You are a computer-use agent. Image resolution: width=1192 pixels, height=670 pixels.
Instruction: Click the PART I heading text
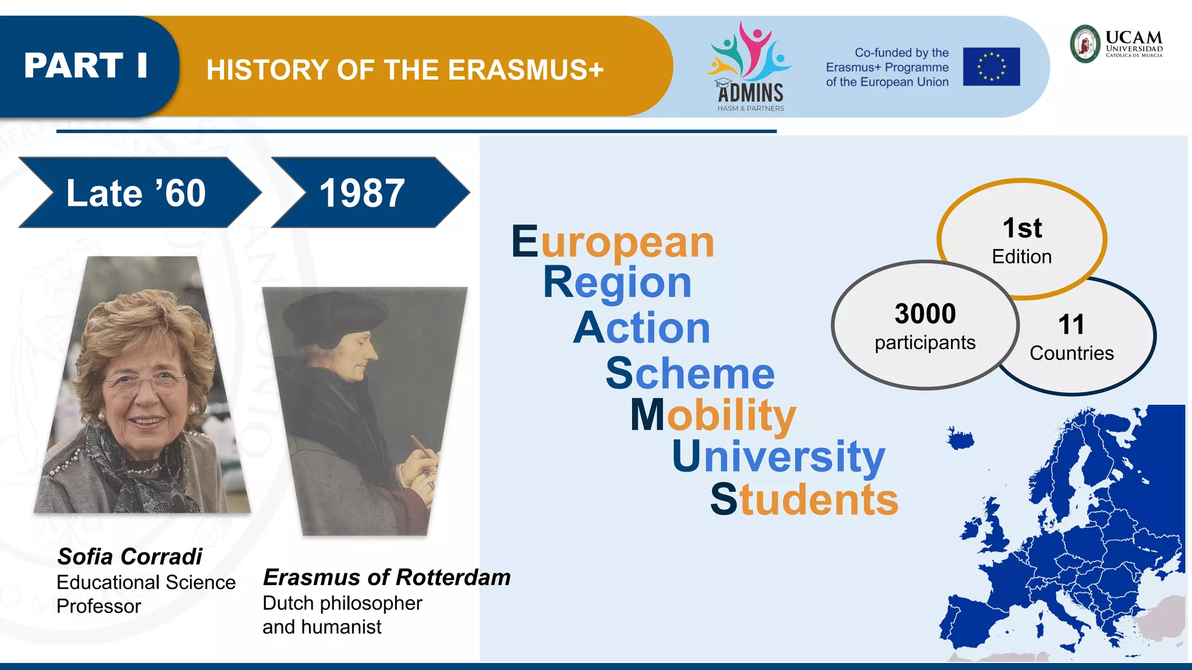86,65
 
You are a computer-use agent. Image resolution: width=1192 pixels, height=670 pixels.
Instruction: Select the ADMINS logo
750,67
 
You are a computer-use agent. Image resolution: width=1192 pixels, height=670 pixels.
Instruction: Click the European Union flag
991,67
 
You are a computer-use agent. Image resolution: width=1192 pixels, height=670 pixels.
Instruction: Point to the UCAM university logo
1116,44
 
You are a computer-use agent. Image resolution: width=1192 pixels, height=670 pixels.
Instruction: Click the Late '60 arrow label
136,193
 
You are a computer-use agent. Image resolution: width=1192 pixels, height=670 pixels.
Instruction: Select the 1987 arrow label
362,193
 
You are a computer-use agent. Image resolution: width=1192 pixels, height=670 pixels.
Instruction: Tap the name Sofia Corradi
129,557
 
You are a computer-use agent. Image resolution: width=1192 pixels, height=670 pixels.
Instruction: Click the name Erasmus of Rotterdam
386,577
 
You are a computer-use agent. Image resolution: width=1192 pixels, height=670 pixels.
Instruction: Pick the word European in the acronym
613,241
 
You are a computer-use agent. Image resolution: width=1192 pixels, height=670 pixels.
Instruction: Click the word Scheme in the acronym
690,373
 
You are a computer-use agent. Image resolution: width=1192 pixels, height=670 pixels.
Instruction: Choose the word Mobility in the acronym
713,415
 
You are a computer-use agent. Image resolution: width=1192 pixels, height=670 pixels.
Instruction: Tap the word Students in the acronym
804,499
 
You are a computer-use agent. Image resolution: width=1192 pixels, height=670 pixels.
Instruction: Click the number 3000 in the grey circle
925,314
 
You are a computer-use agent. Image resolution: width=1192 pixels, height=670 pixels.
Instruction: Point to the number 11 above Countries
1071,325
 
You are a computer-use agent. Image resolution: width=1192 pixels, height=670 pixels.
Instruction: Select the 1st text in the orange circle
1022,228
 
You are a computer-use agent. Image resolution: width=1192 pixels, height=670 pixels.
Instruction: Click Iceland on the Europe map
960,438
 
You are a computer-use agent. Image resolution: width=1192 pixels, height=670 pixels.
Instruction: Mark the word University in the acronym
778,457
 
